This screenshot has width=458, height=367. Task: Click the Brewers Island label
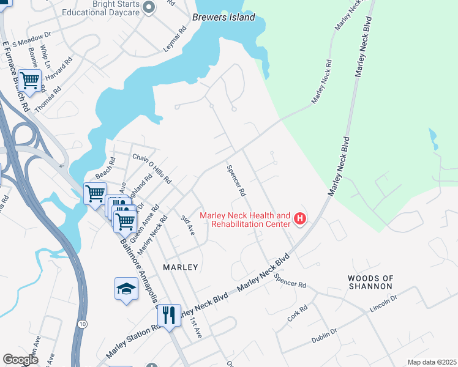tap(223, 18)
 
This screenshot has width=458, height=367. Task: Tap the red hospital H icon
tap(300, 218)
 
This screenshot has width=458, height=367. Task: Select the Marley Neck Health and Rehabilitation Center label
tap(246, 220)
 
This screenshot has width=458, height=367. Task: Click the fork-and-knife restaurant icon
tap(169, 315)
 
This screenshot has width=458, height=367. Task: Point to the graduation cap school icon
tap(126, 289)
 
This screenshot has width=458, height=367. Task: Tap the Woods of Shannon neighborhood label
tap(370, 282)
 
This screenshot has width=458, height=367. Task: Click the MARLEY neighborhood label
tap(181, 267)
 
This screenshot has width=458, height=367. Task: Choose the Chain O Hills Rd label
tap(152, 169)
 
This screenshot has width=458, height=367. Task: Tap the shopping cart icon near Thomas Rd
tap(29, 80)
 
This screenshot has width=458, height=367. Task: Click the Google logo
tap(20, 360)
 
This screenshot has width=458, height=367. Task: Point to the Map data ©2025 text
tap(431, 362)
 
